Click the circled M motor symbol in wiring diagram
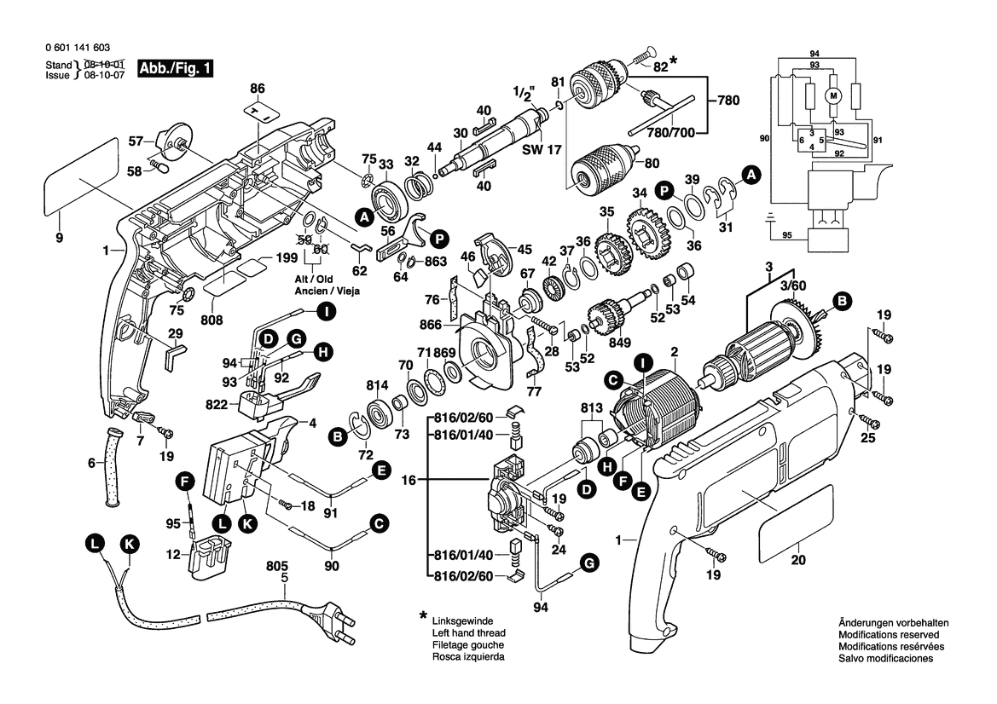(x=833, y=95)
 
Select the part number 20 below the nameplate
(x=797, y=560)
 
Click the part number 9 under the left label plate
(x=59, y=239)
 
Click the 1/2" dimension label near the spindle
(x=520, y=94)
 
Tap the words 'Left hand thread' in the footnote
(x=469, y=633)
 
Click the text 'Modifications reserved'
(x=888, y=635)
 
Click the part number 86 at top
(x=258, y=88)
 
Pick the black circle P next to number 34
(x=663, y=192)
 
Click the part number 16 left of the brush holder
(x=409, y=481)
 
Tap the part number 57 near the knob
(x=136, y=142)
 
